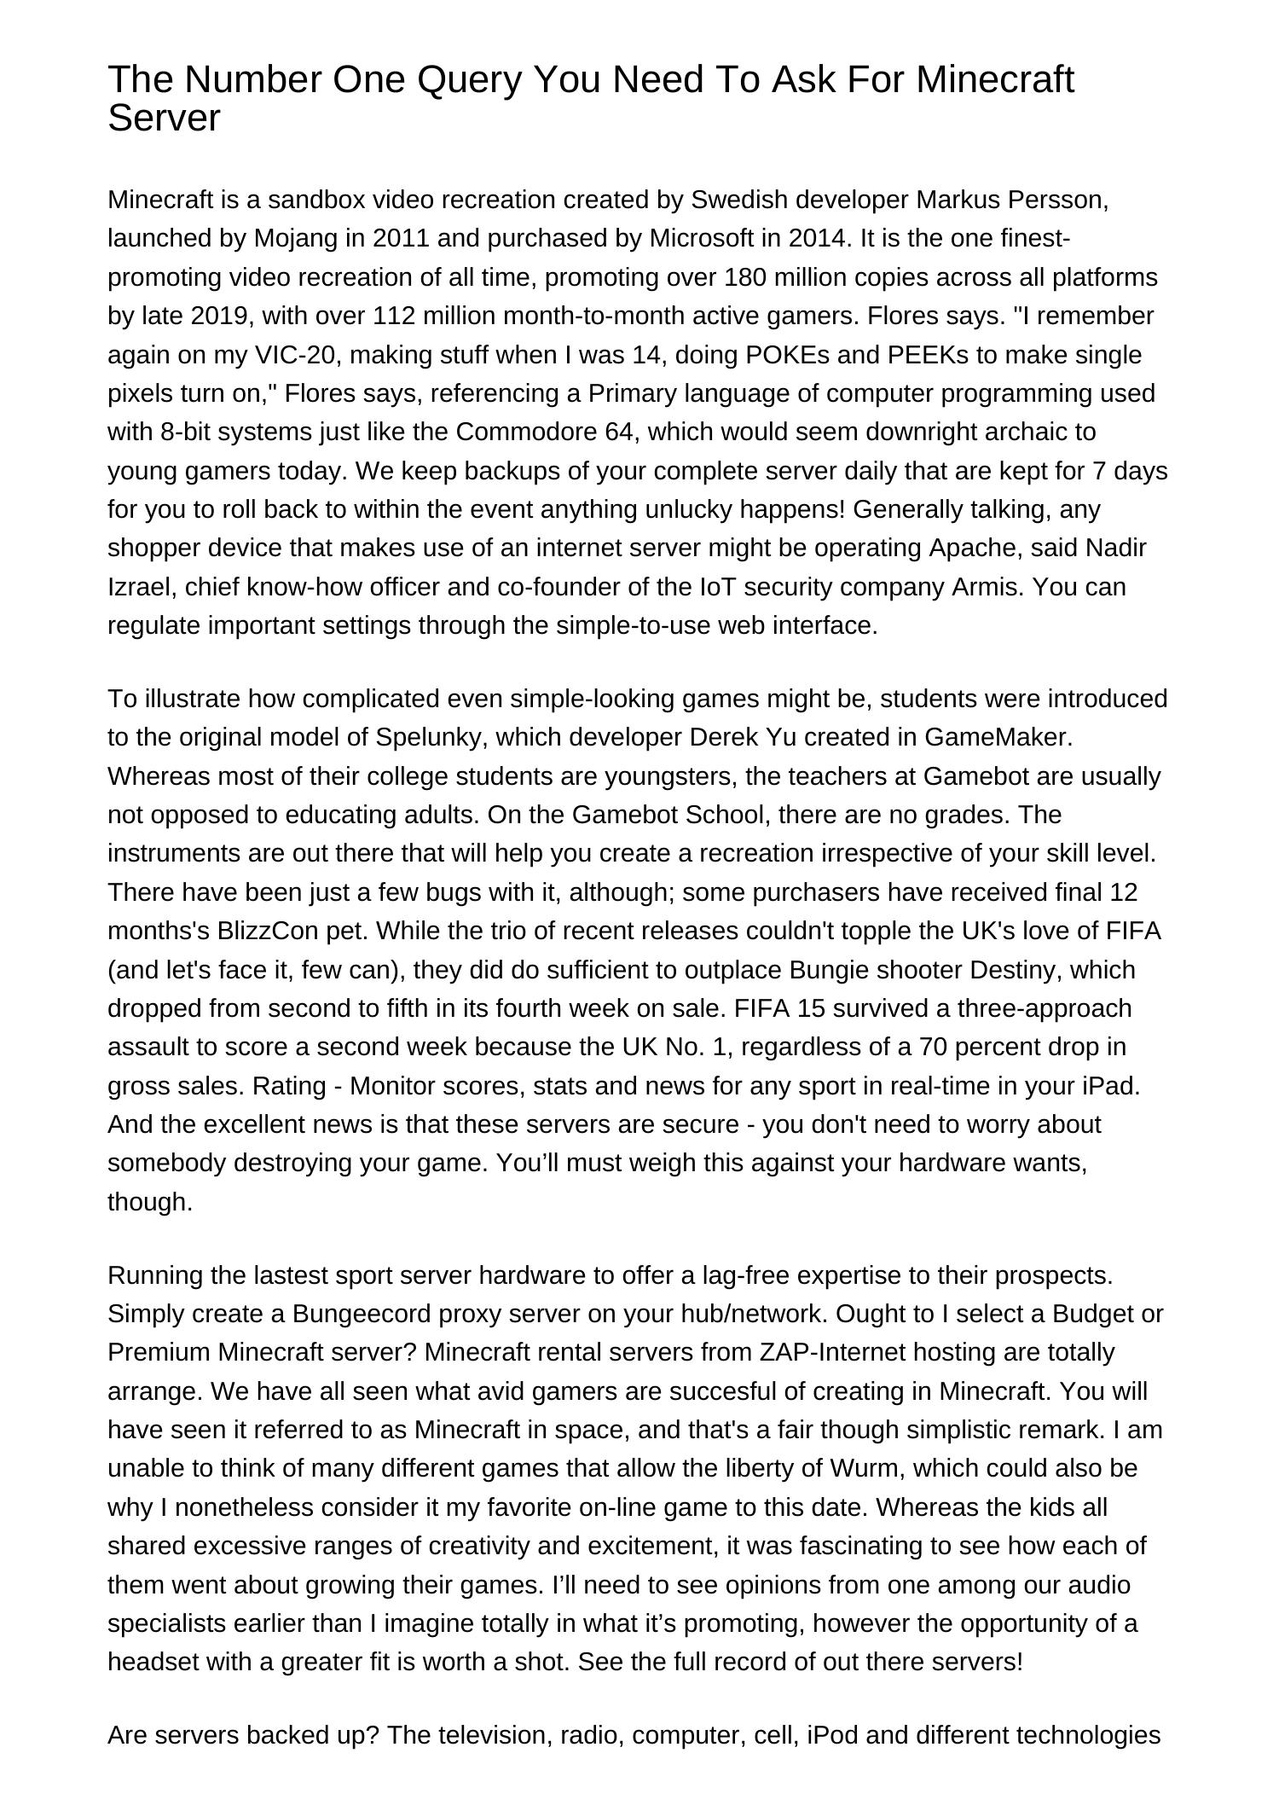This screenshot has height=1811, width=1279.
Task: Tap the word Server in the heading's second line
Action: tap(164, 119)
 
